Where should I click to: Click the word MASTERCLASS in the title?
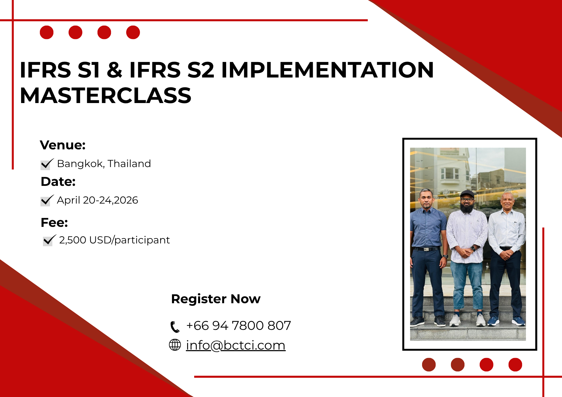tap(106, 95)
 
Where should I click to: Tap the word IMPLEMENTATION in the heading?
tap(327, 70)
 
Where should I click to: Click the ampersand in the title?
tap(114, 70)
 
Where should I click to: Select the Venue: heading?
tap(63, 145)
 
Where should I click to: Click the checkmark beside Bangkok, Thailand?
tap(47, 164)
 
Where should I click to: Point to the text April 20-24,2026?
tap(98, 200)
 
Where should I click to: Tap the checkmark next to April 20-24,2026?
tap(47, 200)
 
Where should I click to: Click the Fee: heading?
tap(54, 223)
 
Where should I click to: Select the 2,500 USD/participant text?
tap(114, 240)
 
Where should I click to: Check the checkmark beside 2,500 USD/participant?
tap(49, 240)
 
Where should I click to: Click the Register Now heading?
tap(216, 299)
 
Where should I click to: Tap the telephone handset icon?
tap(175, 327)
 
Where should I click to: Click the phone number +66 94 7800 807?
tap(239, 326)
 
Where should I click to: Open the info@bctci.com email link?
tap(236, 345)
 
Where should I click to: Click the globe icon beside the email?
tap(175, 345)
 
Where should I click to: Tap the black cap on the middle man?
tap(467, 194)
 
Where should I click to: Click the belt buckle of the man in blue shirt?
tap(427, 249)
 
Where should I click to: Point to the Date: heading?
tap(58, 182)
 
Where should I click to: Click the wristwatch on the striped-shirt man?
tap(473, 248)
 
